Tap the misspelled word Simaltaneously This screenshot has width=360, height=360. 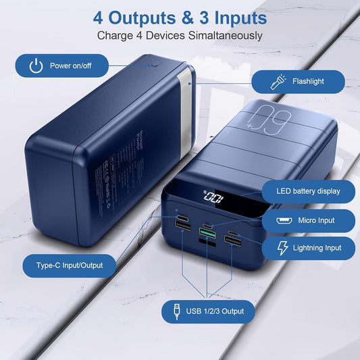click(x=219, y=35)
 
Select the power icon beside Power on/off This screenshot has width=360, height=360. click(x=36, y=66)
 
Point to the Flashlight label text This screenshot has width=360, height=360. click(x=308, y=82)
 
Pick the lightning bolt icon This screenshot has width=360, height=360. click(x=282, y=248)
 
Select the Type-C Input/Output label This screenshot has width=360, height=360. click(x=70, y=265)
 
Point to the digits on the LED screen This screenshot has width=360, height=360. click(x=215, y=199)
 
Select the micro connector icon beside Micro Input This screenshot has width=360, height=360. click(x=283, y=220)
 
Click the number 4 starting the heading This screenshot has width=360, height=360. click(x=98, y=16)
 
